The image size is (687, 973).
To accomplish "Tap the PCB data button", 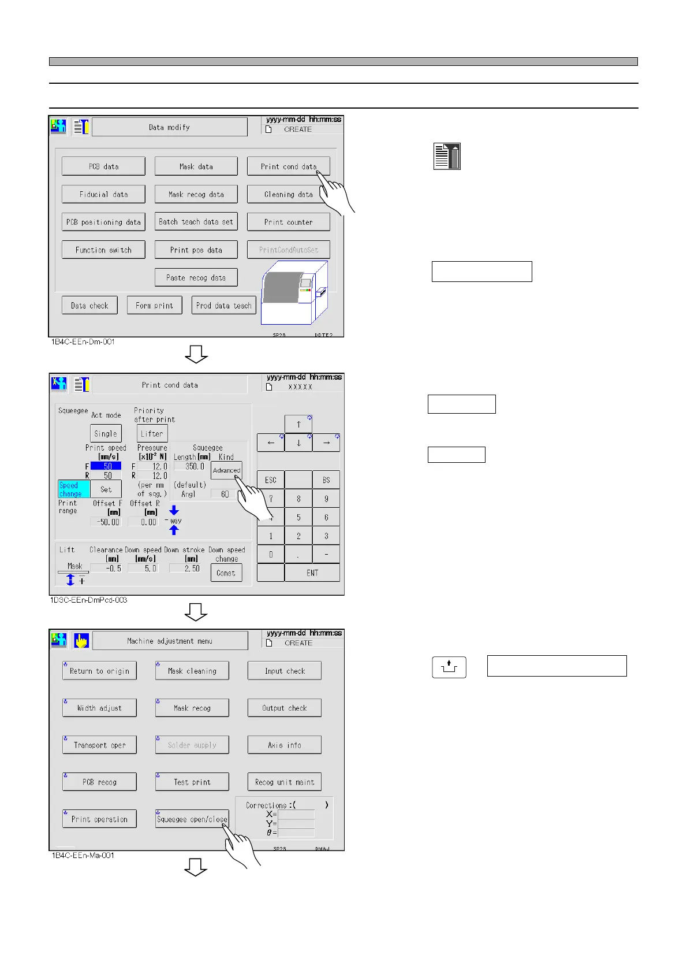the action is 103,166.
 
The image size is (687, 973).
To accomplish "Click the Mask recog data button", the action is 196,194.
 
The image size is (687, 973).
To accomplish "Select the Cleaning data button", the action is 288,194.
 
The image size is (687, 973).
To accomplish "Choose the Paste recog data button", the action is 196,277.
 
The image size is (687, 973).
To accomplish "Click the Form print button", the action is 154,305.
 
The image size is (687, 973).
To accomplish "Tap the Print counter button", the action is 288,222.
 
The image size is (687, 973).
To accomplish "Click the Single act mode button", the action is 106,433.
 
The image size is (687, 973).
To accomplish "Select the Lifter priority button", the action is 152,433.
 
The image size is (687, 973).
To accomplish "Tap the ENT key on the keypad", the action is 312,573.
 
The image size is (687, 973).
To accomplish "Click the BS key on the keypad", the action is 326,480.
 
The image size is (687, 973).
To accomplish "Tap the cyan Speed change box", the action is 74,489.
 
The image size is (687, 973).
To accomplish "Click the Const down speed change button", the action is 226,573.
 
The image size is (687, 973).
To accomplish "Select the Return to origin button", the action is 99,671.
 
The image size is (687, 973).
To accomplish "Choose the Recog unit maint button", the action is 285,782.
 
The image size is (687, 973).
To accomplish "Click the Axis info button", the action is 285,745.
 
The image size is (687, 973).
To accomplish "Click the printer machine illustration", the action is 294,292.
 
